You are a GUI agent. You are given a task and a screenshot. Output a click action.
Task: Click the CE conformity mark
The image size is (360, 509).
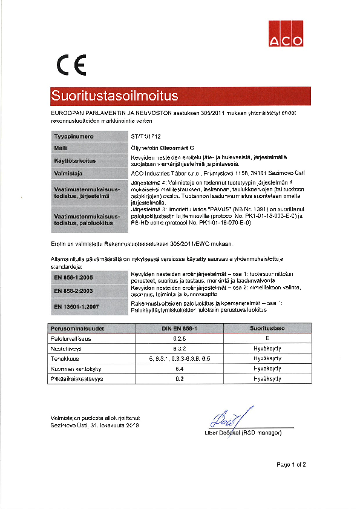(x=71, y=64)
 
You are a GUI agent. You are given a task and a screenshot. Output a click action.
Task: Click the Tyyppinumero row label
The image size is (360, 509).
(x=73, y=137)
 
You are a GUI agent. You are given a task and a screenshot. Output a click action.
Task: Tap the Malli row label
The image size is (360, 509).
(x=61, y=148)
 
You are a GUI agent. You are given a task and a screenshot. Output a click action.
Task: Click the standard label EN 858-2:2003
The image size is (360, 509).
(x=73, y=291)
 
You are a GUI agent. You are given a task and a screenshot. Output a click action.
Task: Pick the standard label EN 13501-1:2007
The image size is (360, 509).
(x=76, y=307)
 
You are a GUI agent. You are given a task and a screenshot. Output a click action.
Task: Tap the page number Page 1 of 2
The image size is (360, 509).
(x=291, y=465)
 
